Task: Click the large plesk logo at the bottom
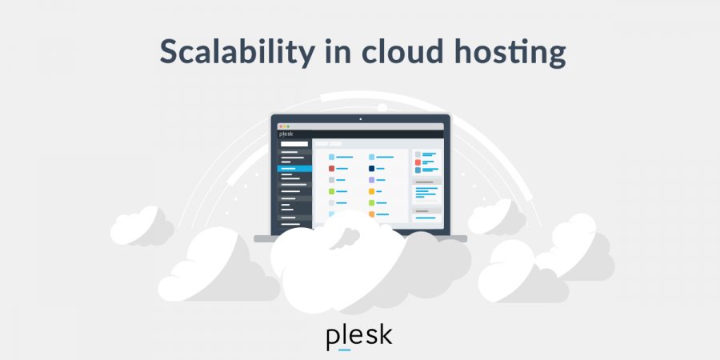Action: [x=359, y=336]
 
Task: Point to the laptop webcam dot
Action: [x=360, y=119]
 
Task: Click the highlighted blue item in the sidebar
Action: [x=294, y=170]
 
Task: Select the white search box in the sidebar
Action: [x=294, y=144]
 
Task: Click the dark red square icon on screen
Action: [x=331, y=169]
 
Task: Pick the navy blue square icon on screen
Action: [x=371, y=169]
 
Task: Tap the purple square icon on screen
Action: [x=371, y=180]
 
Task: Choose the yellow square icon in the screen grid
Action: [x=371, y=192]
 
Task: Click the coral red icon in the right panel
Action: [x=418, y=162]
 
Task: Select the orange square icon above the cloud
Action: [x=371, y=214]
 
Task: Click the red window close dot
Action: [x=280, y=126]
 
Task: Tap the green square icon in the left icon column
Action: [x=331, y=192]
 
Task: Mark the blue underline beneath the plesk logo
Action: [x=345, y=350]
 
